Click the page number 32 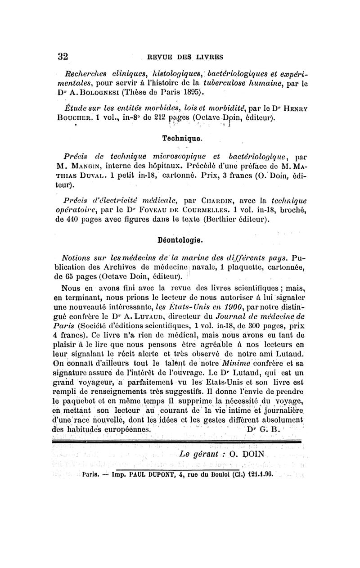(63, 56)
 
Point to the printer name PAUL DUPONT (142, 473)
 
